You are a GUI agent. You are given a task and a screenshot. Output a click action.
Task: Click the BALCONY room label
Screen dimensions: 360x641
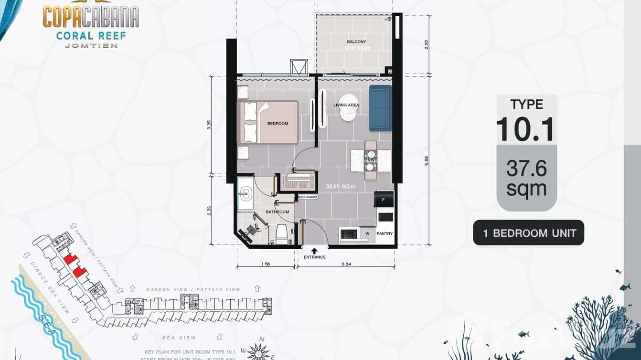[356, 42]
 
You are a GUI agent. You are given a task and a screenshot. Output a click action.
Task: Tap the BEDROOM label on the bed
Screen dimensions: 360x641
[278, 124]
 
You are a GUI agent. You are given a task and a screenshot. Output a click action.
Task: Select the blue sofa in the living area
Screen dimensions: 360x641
[380, 108]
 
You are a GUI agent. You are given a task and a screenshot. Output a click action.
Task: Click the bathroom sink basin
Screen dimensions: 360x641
[247, 194]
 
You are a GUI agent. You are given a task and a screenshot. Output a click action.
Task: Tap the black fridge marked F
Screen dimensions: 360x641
[385, 200]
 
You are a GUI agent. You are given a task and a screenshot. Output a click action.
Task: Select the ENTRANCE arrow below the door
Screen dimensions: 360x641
[314, 250]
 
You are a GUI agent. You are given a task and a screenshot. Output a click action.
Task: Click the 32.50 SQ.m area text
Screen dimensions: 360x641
[340, 187]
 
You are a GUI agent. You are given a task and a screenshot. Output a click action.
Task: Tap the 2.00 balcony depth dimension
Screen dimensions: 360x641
[426, 44]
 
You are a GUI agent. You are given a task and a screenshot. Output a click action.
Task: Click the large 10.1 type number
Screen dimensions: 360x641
[526, 128]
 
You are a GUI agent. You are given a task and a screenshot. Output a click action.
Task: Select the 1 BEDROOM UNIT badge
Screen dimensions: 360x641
[528, 233]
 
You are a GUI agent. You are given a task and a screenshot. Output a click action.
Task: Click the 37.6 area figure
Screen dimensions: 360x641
[526, 169]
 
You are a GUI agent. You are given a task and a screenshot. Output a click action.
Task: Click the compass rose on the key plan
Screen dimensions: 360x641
[258, 351]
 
